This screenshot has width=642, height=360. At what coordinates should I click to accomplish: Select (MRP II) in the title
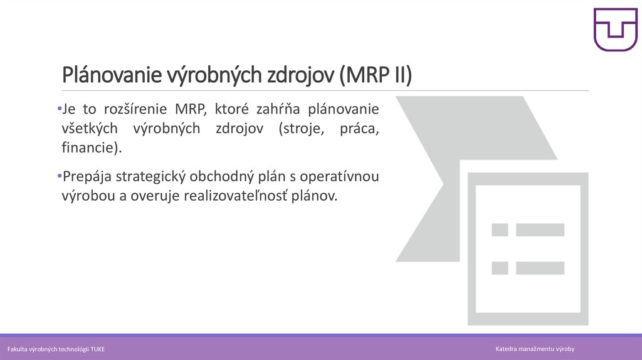[x=376, y=75]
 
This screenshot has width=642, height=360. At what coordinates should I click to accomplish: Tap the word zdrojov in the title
[x=300, y=75]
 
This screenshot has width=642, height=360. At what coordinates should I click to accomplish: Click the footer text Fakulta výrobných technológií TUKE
[x=56, y=349]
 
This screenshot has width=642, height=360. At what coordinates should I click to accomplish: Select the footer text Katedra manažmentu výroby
[x=535, y=349]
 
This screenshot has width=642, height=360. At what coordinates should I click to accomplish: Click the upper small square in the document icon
[x=500, y=230]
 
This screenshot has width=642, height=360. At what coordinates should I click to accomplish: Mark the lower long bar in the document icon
[x=540, y=268]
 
